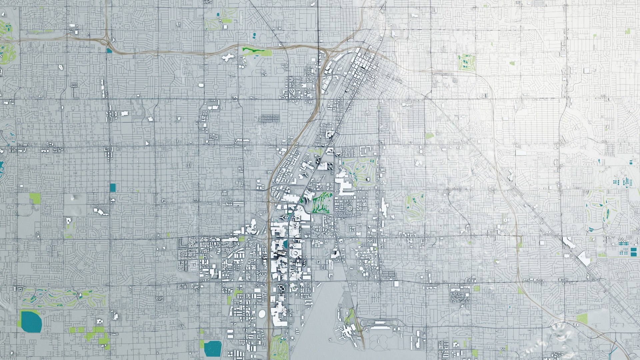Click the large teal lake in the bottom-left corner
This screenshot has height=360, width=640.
31,322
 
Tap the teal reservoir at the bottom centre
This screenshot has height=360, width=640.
213,348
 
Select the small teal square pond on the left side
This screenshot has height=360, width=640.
113,187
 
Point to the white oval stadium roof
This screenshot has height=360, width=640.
262,314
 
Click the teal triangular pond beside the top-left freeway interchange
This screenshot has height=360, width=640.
109,51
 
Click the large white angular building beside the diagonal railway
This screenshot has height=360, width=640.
584,259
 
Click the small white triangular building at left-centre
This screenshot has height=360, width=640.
147,143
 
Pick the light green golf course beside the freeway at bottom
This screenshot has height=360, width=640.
279,347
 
